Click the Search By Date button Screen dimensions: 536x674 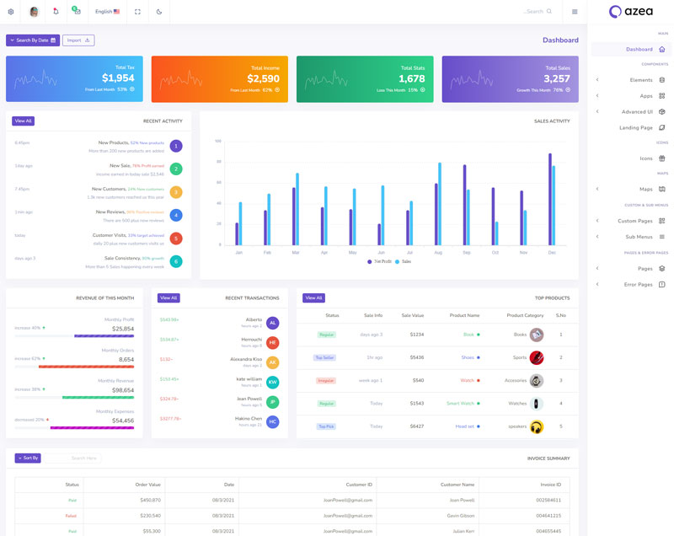pyautogui.click(x=32, y=40)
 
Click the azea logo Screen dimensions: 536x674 pyautogui.click(x=630, y=12)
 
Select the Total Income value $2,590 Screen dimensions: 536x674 pyautogui.click(x=263, y=78)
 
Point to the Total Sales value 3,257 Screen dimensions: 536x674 pyautogui.click(x=557, y=78)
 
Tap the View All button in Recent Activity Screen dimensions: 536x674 pyautogui.click(x=23, y=121)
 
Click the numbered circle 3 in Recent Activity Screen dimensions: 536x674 pyautogui.click(x=176, y=191)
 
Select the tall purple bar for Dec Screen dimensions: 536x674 pyautogui.click(x=550, y=198)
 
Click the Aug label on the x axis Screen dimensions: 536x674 pyautogui.click(x=438, y=252)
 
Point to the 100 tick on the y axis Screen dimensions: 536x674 pyautogui.click(x=217, y=141)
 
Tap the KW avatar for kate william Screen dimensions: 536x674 pyautogui.click(x=272, y=382)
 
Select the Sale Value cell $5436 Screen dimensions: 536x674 pyautogui.click(x=416, y=357)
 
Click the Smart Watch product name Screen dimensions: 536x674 pyautogui.click(x=460, y=404)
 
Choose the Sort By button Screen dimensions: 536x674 pyautogui.click(x=28, y=458)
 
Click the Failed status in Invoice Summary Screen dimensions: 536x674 pyautogui.click(x=72, y=515)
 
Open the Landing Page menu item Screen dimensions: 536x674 pyautogui.click(x=636, y=127)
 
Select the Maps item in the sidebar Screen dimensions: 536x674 pyautogui.click(x=646, y=189)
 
